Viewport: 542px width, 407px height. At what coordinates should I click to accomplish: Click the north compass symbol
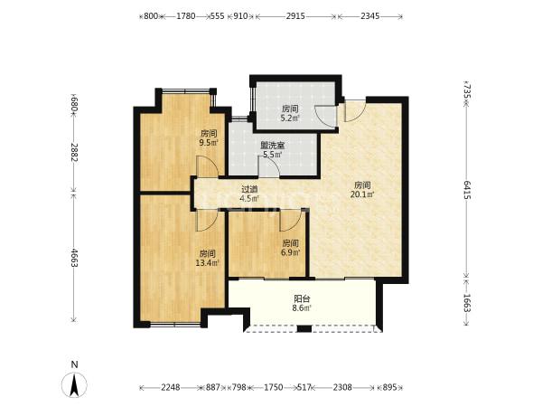tap(74, 380)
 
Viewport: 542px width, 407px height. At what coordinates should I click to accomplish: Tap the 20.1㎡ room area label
tap(362, 190)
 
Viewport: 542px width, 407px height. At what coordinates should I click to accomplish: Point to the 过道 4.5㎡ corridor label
tap(249, 194)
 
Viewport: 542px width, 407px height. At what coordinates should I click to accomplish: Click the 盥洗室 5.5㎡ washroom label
tap(273, 149)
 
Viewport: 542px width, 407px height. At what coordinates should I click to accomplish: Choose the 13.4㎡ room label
tap(208, 258)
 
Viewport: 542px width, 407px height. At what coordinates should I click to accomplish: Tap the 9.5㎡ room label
tap(209, 137)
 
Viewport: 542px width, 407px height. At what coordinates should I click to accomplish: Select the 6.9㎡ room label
tap(290, 248)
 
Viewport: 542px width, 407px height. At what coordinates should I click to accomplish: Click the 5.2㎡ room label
tap(290, 114)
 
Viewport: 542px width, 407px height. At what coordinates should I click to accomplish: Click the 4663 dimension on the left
tap(74, 257)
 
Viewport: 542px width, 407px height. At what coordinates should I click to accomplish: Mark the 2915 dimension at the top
tap(295, 16)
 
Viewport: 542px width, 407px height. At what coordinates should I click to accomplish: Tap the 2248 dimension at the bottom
tap(171, 387)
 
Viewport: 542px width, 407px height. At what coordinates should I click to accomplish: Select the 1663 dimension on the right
tap(467, 303)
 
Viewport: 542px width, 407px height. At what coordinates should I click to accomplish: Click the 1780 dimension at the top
tap(186, 16)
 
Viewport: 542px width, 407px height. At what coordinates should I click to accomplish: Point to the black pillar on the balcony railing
tap(304, 328)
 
